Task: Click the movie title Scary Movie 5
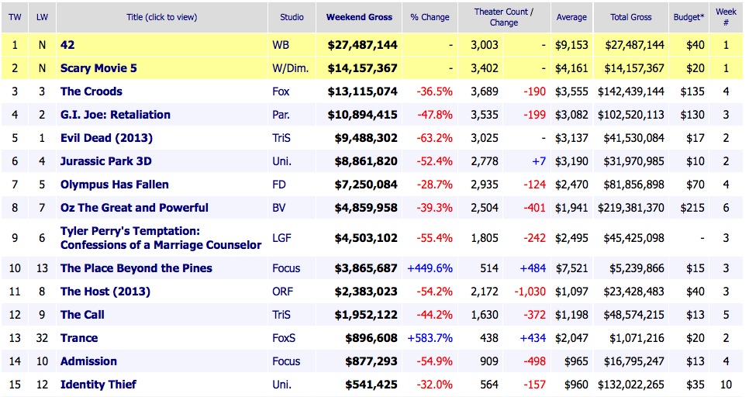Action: (98, 68)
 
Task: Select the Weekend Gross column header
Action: (359, 17)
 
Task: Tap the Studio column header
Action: (292, 17)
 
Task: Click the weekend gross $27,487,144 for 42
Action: (359, 45)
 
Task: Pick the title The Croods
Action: (91, 91)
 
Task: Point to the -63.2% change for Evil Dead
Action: (434, 138)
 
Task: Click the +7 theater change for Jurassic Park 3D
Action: (538, 161)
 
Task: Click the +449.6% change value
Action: (430, 268)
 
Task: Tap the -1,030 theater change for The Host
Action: (529, 292)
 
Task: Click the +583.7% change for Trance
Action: (430, 338)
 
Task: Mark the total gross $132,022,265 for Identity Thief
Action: (630, 385)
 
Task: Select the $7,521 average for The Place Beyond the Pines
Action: (571, 268)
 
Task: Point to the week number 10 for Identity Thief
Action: (726, 385)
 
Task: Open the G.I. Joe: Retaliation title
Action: (116, 115)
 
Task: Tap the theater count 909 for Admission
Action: (488, 361)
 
